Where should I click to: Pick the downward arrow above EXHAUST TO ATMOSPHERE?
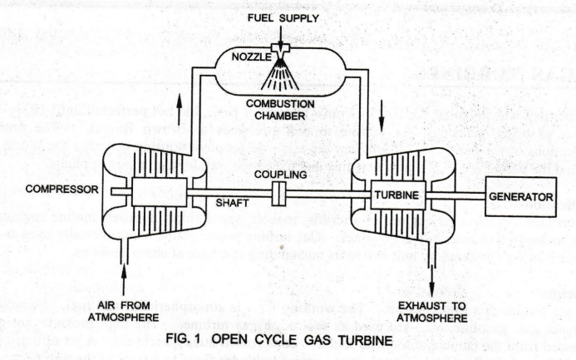pyautogui.click(x=431, y=264)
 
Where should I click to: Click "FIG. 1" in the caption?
pyautogui.click(x=188, y=340)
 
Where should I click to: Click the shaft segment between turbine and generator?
pyautogui.click(x=453, y=196)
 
